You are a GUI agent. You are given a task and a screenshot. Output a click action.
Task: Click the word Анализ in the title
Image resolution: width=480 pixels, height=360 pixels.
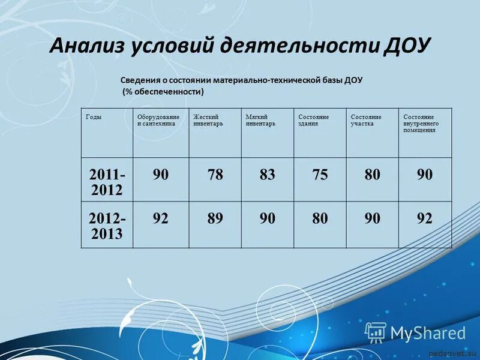[x=86, y=46]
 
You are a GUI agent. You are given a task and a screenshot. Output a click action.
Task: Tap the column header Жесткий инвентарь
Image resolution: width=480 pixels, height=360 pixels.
[x=208, y=120]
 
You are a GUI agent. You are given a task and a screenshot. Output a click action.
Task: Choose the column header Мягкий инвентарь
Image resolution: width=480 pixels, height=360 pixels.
[x=260, y=120]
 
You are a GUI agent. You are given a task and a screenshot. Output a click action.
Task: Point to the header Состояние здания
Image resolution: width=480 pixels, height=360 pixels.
[x=313, y=120]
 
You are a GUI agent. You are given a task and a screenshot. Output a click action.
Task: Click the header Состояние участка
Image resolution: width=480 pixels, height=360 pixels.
[x=366, y=120]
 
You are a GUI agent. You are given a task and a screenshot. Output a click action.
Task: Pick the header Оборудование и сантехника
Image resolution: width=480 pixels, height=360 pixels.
[x=158, y=120]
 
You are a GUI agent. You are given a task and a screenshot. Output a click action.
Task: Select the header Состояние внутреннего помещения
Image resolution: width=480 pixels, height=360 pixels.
[x=420, y=123]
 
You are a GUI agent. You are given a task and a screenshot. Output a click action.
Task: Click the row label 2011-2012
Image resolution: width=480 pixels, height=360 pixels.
[x=107, y=182]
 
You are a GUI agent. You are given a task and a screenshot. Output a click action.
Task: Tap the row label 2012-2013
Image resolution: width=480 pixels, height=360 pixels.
[x=107, y=226]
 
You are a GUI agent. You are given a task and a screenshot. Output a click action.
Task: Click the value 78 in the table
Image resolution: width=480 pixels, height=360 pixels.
[x=215, y=175]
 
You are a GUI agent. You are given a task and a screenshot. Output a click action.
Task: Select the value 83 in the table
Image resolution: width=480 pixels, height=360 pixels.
[x=268, y=175]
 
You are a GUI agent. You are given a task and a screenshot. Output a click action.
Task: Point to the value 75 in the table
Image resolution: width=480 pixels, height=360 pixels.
[x=320, y=175]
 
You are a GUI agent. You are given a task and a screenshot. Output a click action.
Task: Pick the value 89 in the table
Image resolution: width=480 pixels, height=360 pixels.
[x=215, y=218]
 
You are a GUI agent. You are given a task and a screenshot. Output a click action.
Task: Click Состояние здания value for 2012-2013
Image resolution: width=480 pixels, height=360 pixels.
[x=320, y=218]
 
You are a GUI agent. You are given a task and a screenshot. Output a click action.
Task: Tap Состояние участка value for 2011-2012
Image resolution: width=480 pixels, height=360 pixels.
[x=372, y=175]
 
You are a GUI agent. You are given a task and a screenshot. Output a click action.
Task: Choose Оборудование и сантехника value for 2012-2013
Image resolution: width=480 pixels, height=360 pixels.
[x=160, y=218]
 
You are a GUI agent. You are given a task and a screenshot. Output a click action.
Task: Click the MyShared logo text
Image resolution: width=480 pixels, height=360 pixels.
[x=427, y=333]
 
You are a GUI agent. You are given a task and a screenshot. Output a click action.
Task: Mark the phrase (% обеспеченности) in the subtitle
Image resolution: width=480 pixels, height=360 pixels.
[x=164, y=92]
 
